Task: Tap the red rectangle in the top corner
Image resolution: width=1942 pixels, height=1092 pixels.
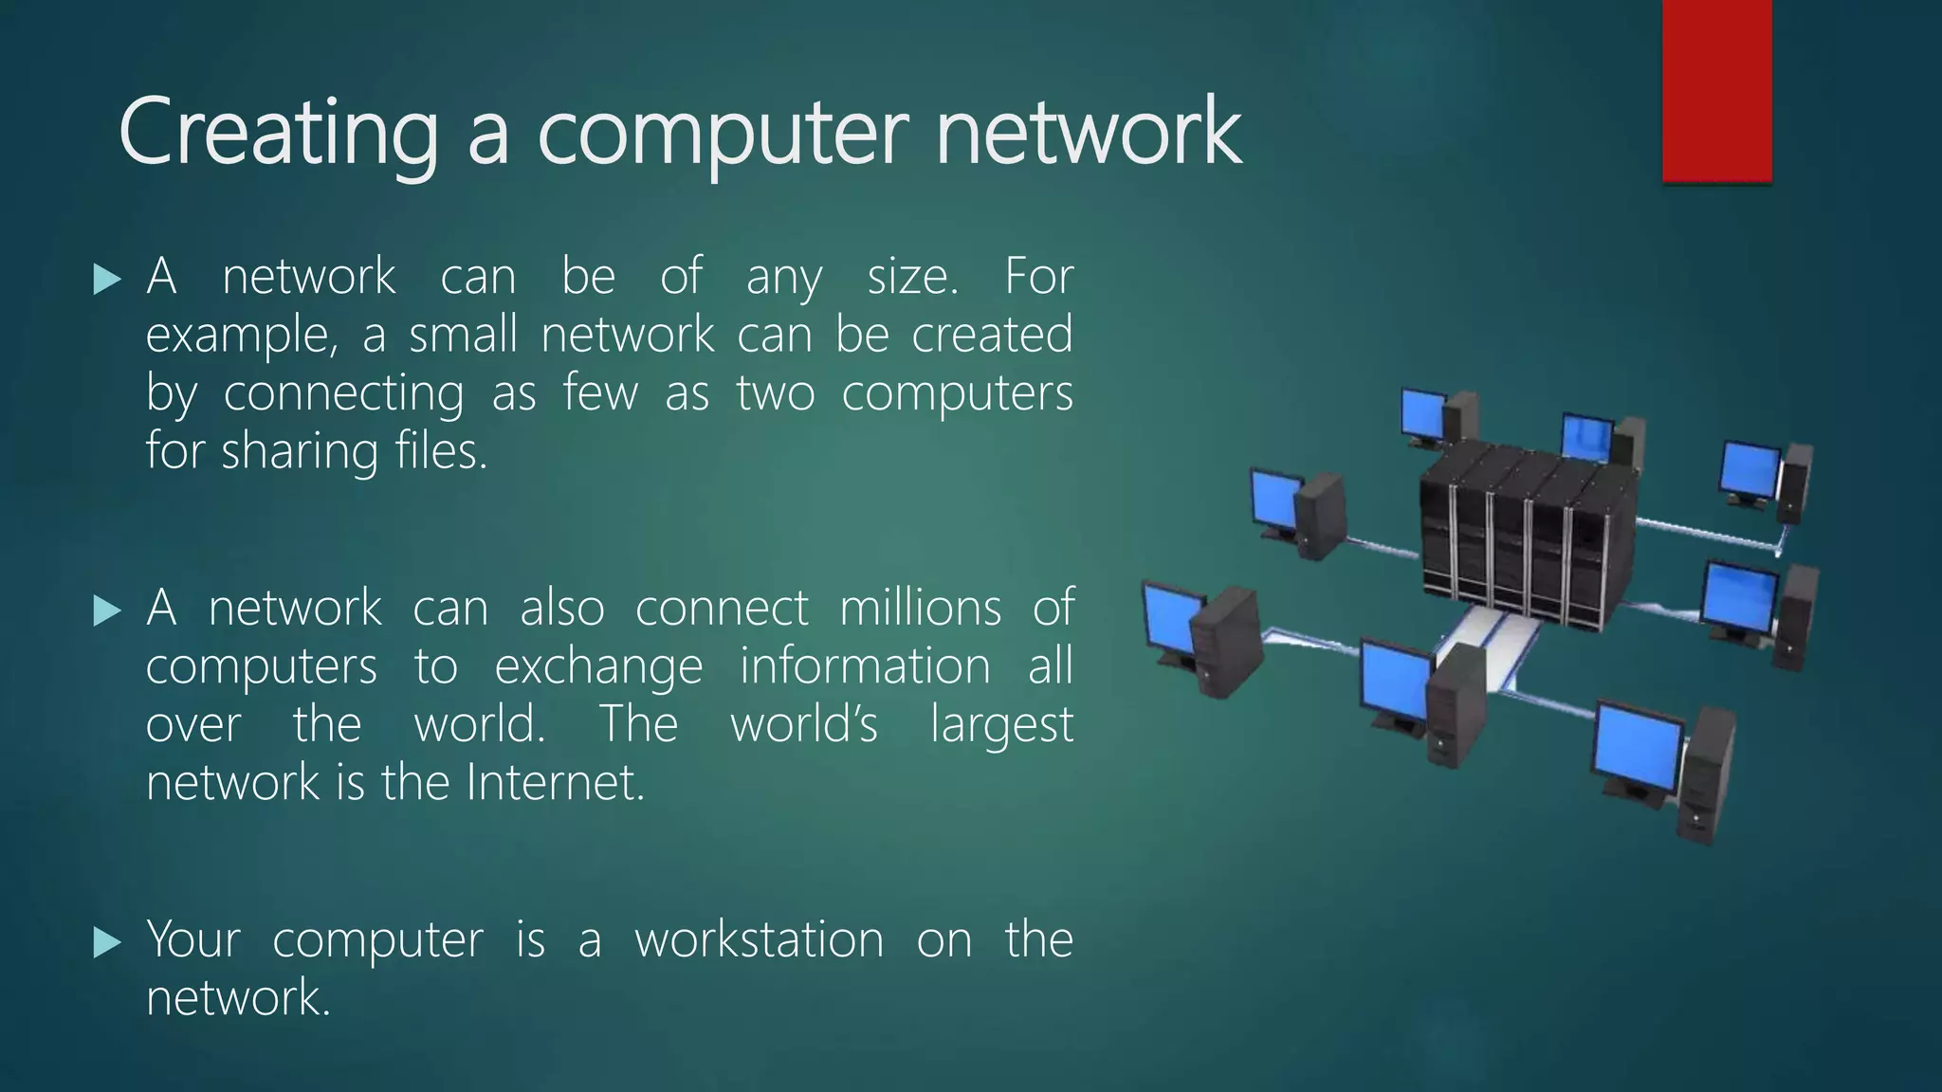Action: [1716, 90]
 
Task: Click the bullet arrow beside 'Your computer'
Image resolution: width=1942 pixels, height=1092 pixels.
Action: [108, 942]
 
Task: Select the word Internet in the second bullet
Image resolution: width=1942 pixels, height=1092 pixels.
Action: [555, 783]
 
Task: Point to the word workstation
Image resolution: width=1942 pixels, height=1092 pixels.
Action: [759, 940]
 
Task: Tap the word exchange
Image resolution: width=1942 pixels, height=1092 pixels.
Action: [598, 667]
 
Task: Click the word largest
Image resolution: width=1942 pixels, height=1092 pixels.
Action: [1001, 726]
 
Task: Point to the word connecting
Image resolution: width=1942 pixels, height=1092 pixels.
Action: [343, 393]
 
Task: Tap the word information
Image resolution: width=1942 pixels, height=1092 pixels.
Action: [865, 666]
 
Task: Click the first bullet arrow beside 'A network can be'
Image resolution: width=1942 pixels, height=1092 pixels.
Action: [108, 279]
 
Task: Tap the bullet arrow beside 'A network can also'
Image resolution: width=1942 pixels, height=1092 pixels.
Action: [108, 610]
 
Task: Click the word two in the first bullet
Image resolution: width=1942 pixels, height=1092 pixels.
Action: [776, 393]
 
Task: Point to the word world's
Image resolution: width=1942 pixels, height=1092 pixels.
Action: [804, 725]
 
